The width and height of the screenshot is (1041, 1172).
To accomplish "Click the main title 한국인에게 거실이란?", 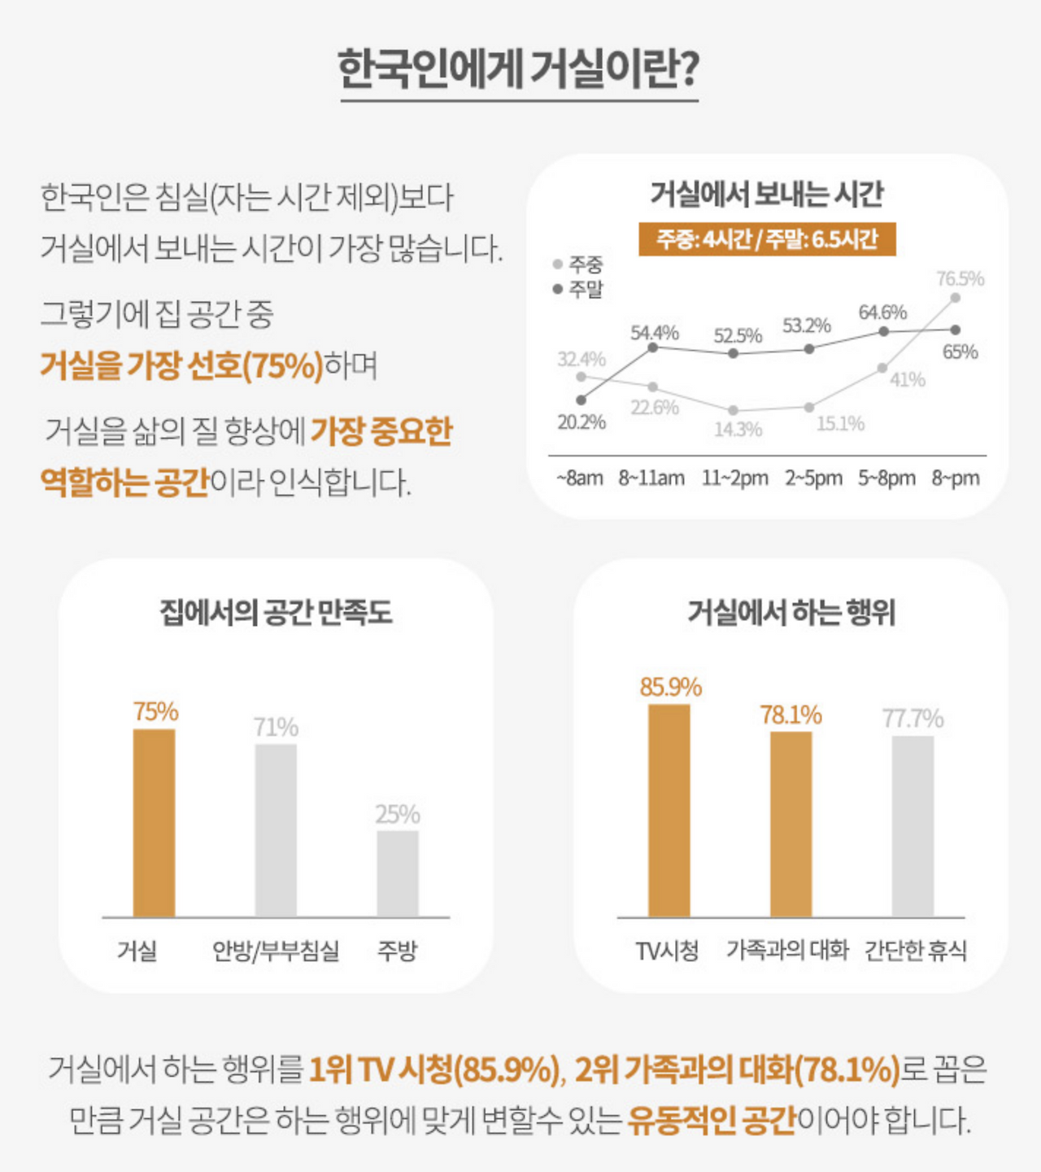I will point(518,69).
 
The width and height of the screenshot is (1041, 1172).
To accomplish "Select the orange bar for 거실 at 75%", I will point(154,822).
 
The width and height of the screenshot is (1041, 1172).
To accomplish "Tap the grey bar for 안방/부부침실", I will point(276,830).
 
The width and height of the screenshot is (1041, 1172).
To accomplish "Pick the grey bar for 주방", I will point(398,873).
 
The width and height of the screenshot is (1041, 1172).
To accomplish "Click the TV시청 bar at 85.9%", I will point(669,810).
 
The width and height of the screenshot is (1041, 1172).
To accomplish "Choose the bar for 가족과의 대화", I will point(791,824).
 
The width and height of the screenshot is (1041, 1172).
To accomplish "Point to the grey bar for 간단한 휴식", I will point(913,825).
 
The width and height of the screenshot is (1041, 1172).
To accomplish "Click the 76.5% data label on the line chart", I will point(960,279).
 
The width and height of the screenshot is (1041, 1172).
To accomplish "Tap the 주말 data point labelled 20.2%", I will point(581,400).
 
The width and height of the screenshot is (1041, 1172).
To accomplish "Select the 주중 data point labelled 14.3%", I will point(734,411).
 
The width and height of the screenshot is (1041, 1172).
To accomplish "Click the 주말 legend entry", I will point(578,289).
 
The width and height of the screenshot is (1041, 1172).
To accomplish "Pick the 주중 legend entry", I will point(578,265).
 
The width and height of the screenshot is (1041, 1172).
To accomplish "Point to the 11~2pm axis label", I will point(735,479).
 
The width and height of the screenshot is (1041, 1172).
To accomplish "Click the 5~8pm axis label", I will point(886,479).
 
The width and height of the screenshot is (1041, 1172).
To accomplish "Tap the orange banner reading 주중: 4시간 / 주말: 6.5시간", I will point(767,239).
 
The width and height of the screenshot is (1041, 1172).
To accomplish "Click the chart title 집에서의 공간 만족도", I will point(276,612).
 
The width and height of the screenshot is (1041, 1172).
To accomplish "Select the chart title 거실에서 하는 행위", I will point(791,612).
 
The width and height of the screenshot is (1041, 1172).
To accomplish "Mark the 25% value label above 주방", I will point(398,814).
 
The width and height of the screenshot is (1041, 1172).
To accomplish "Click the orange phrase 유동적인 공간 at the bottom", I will point(712,1121).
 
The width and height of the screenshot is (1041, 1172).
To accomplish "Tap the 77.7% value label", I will point(913,719).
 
